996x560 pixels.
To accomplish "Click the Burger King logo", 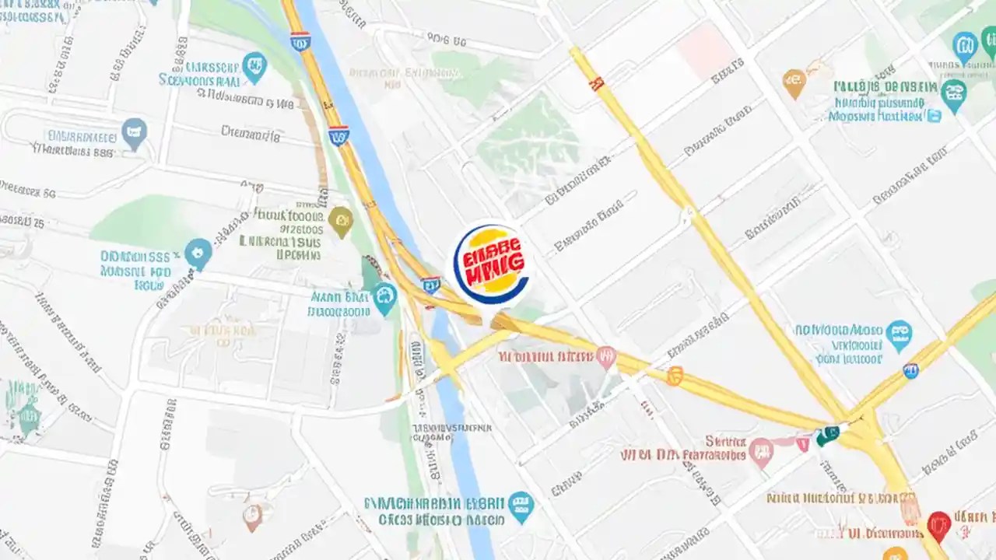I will [491, 263].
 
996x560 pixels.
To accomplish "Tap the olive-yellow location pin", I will [340, 221].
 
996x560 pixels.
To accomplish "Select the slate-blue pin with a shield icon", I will [134, 133].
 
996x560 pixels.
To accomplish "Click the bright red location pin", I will [938, 526].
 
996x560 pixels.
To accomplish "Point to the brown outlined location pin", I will [251, 516].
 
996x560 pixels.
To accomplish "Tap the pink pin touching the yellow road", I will [605, 357].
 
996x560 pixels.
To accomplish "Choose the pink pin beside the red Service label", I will [761, 451].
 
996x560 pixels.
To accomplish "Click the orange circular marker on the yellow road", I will [674, 376].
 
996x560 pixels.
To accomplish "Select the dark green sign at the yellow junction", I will [828, 436].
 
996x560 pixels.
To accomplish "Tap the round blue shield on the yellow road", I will [910, 371].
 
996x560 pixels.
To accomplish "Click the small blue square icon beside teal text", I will [934, 116].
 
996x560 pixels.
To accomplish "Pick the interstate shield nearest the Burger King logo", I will [431, 285].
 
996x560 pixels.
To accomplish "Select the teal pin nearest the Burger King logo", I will [384, 298].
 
